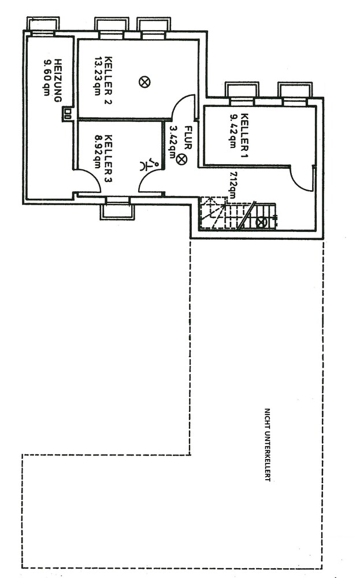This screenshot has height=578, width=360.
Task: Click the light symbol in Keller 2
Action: [144, 82]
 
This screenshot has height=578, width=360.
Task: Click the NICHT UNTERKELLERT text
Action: [267, 444]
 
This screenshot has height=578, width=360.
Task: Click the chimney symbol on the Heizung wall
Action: [69, 113]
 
